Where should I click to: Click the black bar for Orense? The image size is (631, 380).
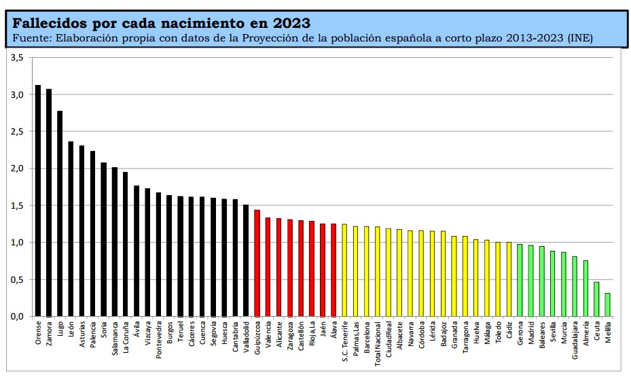coord(38,201)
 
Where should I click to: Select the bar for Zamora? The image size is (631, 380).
coord(49,203)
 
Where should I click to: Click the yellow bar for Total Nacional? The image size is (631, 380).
coord(378,271)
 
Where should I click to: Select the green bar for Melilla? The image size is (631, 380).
coord(607,305)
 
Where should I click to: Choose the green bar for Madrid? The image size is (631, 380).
coord(530,281)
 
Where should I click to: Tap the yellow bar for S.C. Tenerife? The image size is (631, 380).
coord(344,270)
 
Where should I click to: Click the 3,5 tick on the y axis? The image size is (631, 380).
coord(18,58)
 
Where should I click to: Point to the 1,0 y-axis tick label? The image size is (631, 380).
coord(18,243)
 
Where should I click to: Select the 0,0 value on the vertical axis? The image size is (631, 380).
coord(18,317)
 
